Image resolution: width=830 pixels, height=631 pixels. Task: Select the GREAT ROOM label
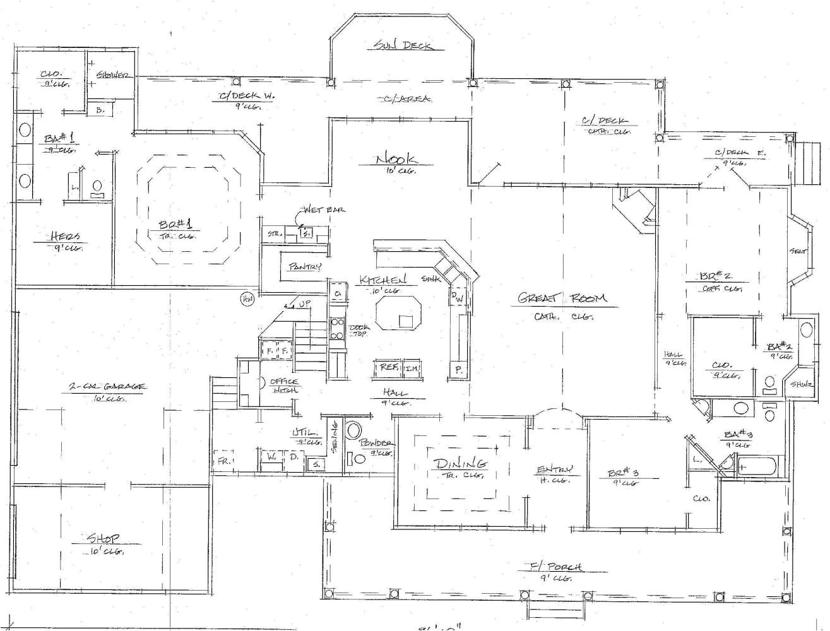(x=561, y=298)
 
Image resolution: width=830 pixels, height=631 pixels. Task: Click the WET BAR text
(x=324, y=209)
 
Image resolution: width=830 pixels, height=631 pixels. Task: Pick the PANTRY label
(x=305, y=267)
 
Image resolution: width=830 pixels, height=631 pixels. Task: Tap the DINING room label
(x=459, y=464)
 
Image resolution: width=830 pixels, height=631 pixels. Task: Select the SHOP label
(x=104, y=539)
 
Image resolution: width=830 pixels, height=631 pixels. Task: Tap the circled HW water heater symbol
(x=246, y=300)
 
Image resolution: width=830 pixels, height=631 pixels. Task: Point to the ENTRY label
(x=554, y=469)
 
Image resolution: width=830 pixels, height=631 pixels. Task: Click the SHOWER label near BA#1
(x=113, y=75)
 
